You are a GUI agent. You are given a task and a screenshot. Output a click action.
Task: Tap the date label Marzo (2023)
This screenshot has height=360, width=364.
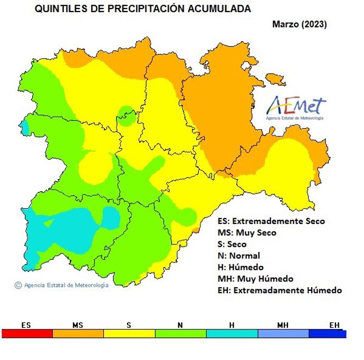[299, 24]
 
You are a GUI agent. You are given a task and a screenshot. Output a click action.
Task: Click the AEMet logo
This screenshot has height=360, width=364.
[296, 108]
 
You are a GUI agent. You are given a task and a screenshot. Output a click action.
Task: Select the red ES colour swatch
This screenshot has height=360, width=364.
[27, 334]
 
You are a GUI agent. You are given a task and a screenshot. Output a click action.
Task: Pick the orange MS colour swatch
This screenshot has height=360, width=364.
[78, 334]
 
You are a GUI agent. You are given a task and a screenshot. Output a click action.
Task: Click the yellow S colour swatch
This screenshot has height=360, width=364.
[129, 334]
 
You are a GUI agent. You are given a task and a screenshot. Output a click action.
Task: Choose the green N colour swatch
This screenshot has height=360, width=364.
[180, 334]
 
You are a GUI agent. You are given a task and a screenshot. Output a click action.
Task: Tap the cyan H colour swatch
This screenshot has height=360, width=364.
[232, 334]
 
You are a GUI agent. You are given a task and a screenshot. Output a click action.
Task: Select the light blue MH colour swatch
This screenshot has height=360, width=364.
[283, 334]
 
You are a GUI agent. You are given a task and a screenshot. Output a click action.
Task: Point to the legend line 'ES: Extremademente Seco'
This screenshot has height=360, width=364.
[271, 221]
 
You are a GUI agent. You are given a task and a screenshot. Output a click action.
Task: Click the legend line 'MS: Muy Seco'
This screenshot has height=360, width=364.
[246, 233]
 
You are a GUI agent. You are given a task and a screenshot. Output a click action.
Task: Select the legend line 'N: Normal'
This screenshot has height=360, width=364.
[238, 256]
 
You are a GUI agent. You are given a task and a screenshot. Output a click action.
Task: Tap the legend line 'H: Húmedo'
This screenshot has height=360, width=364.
[240, 267]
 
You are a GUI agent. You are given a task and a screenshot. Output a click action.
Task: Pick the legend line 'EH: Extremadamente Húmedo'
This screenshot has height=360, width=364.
[279, 290]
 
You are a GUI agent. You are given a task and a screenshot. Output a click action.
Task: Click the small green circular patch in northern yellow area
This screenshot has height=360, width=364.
[127, 113]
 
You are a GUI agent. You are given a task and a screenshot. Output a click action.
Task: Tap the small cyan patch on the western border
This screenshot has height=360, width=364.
[25, 127]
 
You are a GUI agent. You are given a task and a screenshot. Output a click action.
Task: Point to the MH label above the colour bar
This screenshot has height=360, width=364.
[283, 325]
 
